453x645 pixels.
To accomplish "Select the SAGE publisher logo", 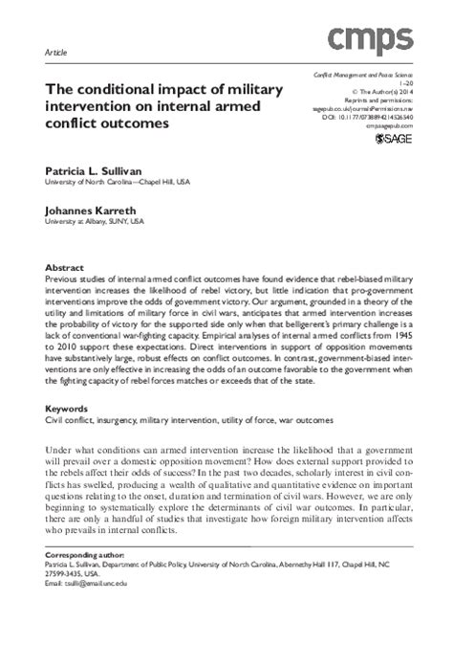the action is [394, 141].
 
